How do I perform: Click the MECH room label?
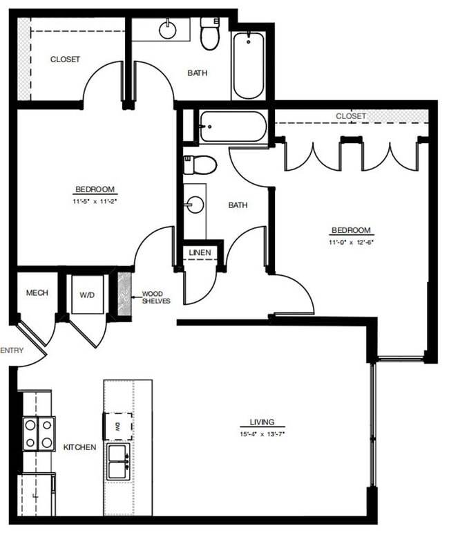37,293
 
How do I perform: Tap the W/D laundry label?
87,295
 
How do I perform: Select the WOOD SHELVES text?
156,297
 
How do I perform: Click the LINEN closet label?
200,253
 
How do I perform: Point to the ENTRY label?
12,350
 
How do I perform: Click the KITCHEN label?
80,447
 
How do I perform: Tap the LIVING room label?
262,422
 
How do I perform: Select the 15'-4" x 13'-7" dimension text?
262,433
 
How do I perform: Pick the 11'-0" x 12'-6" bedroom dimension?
351,243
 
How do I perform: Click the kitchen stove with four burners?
39,433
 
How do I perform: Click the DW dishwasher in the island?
118,426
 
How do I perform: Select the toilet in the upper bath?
210,35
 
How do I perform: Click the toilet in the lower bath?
200,165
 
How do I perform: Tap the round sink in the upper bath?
168,30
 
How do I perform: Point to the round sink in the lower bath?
195,205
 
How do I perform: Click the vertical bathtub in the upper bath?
248,64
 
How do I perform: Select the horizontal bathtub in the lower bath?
232,127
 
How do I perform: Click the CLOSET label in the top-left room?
65,59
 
